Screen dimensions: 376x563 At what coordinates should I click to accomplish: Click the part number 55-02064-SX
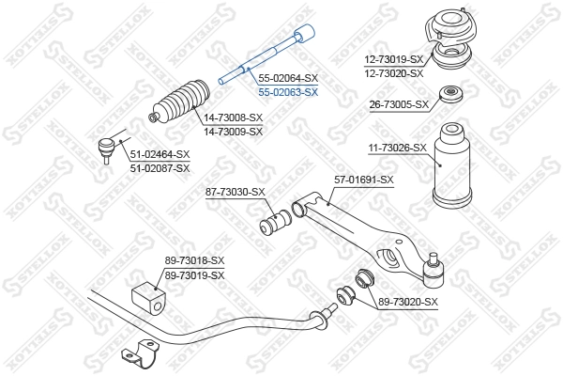[288, 79]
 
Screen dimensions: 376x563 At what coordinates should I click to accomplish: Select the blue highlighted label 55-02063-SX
[288, 92]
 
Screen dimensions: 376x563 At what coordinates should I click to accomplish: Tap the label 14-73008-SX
[234, 118]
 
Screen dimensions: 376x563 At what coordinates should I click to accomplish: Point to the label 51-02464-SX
[160, 154]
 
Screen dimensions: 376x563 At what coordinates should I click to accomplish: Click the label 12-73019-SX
[395, 59]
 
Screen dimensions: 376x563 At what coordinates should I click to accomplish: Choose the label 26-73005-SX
[399, 104]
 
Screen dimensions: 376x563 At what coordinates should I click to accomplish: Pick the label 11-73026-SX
[397, 148]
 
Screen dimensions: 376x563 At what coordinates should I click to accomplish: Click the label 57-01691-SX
[363, 179]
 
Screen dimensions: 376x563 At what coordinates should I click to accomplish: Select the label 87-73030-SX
[236, 192]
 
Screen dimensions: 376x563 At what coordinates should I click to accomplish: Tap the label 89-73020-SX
[408, 302]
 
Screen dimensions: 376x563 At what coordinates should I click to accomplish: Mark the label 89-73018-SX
[195, 260]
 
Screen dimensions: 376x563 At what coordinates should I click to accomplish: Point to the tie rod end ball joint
[109, 146]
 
